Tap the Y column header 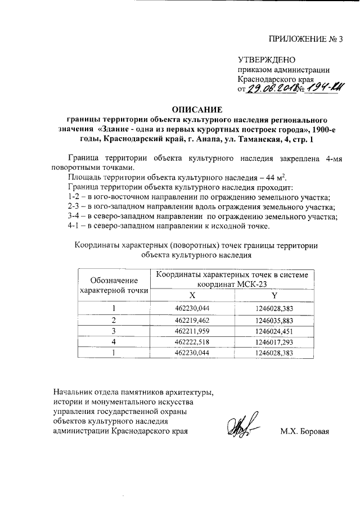(274, 295)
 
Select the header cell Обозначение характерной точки (114, 285)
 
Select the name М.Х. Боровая (304, 432)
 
